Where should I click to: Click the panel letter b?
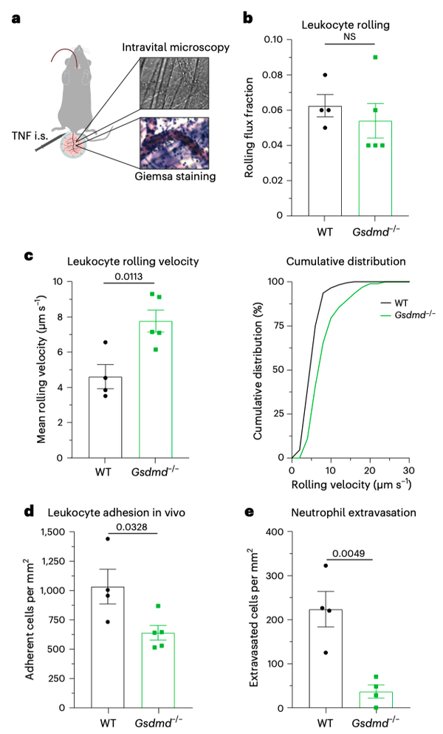click(248, 17)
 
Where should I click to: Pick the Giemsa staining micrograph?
click(175, 142)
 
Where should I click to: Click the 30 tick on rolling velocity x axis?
click(409, 470)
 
